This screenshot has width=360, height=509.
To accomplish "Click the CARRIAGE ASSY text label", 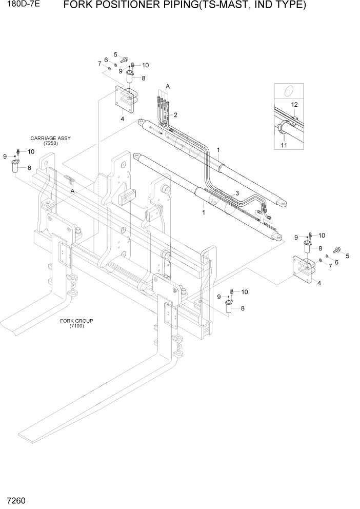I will pyautogui.click(x=50, y=139).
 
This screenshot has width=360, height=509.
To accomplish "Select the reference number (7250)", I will pyautogui.click(x=50, y=144).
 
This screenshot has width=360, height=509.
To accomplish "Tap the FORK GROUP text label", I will pyautogui.click(x=73, y=321).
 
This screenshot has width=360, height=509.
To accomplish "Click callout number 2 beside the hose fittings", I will pyautogui.click(x=175, y=114).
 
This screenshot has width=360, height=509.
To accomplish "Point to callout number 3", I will pyautogui.click(x=236, y=192).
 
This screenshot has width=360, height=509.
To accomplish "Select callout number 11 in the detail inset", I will pyautogui.click(x=284, y=146).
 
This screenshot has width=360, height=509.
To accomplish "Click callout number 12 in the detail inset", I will pyautogui.click(x=294, y=105).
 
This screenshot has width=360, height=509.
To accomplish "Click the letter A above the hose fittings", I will pyautogui.click(x=168, y=87).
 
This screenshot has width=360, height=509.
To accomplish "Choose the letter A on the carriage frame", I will pyautogui.click(x=72, y=190).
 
